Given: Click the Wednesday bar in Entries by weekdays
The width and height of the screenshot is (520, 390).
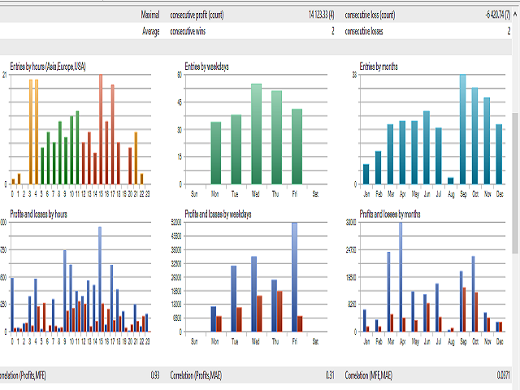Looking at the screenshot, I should (x=256, y=134).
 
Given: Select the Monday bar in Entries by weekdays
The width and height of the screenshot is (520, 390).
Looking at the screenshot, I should (x=215, y=153).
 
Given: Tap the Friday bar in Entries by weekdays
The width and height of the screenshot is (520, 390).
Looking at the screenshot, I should (x=297, y=146).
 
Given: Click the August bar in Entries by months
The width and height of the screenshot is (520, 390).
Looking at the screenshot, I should (x=450, y=180).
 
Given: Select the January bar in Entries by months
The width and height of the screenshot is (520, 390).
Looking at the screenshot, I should (x=366, y=174).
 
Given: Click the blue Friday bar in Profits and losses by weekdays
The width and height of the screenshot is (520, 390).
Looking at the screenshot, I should (x=294, y=276).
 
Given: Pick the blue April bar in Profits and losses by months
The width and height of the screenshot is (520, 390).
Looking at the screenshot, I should (x=400, y=276).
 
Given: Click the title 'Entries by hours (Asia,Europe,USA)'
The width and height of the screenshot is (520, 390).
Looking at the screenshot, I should (x=48, y=66).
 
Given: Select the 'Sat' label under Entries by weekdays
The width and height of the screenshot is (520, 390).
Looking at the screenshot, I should (x=315, y=195).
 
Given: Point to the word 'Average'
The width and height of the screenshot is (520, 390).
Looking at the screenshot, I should (x=151, y=32).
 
